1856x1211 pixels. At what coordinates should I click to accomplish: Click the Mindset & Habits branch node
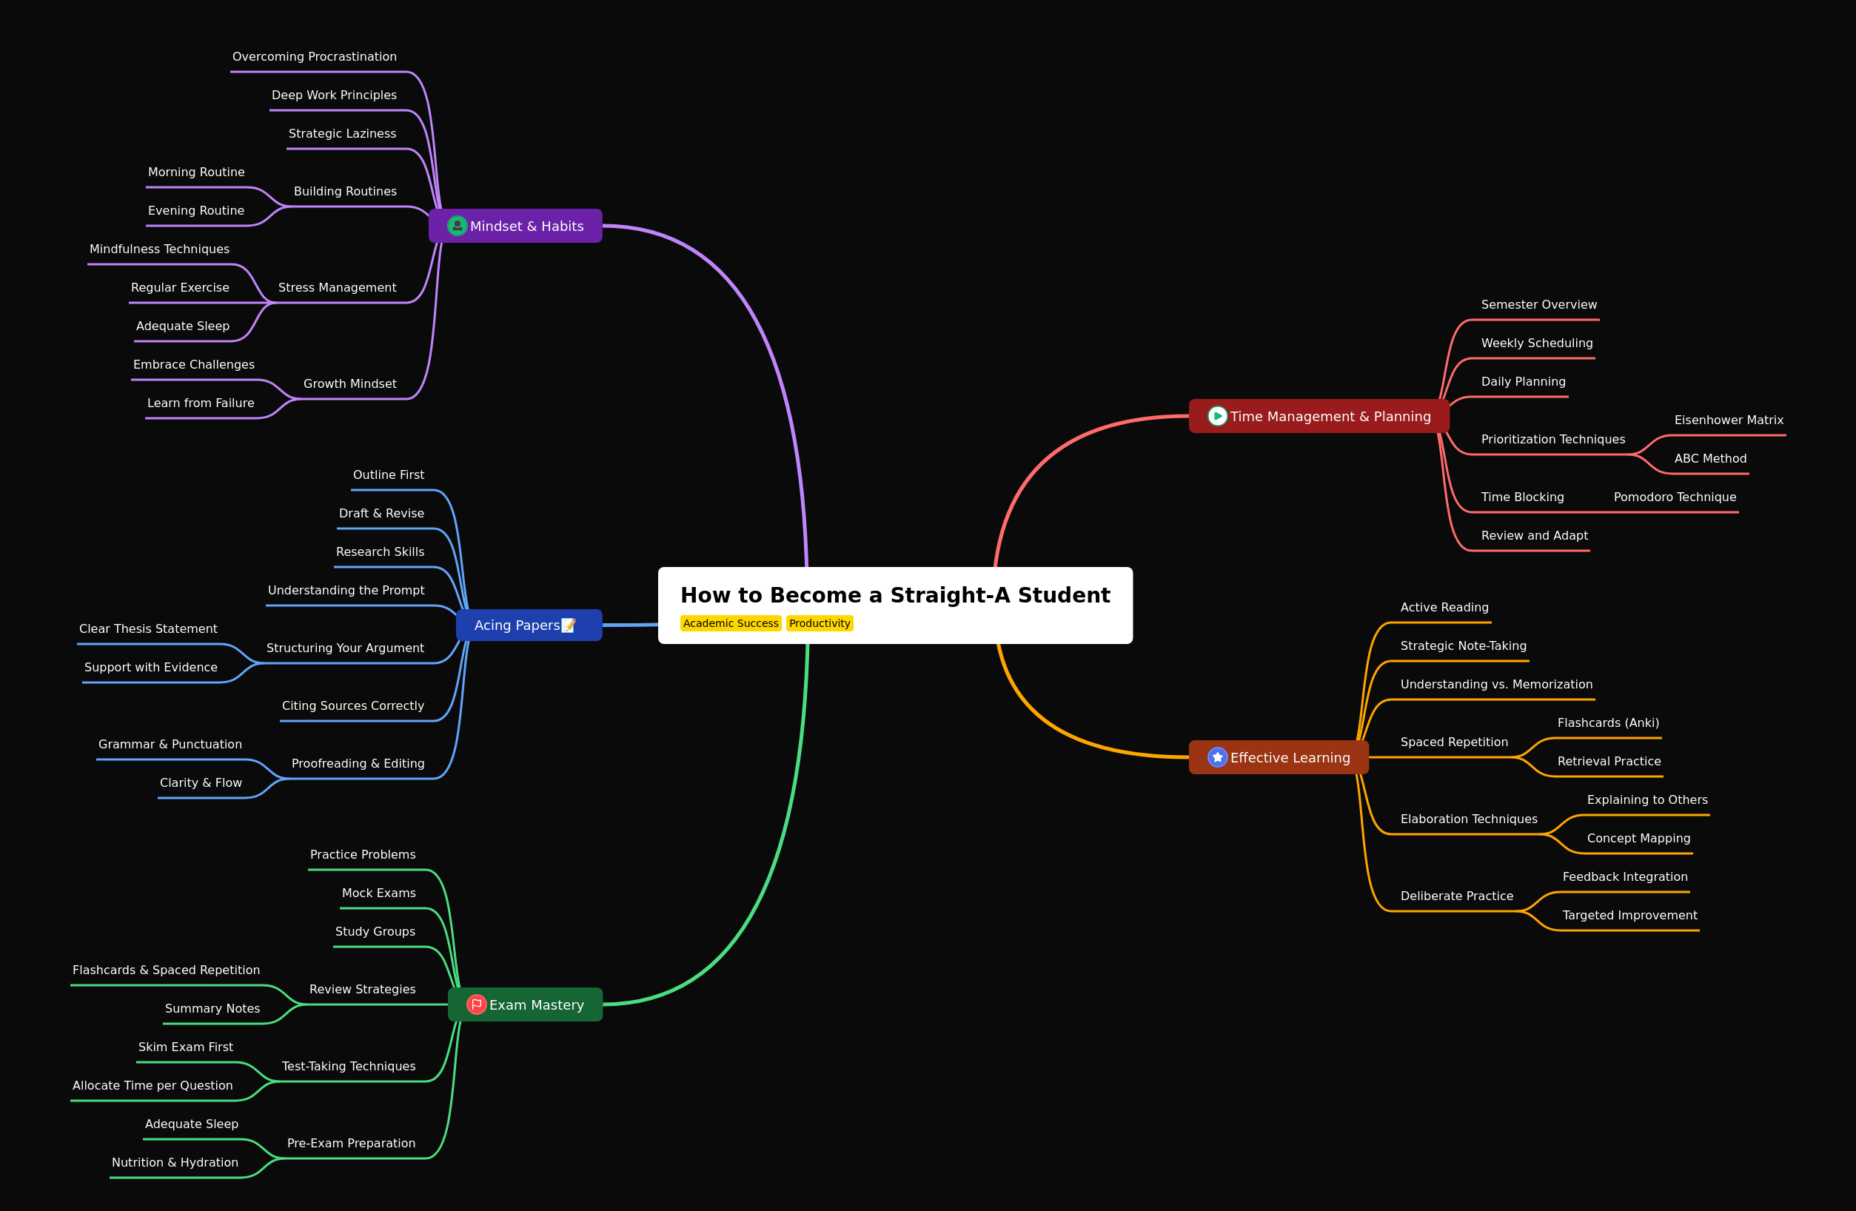[515, 226]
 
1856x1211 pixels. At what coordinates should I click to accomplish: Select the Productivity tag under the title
[820, 623]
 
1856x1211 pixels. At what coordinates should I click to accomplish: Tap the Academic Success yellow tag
[731, 623]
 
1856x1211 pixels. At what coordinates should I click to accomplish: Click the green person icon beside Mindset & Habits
[457, 226]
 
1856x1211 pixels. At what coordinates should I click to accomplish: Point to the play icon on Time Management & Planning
[1217, 417]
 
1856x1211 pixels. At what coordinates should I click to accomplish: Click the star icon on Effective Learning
[1217, 757]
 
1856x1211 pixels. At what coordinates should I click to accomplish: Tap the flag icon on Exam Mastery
[477, 1004]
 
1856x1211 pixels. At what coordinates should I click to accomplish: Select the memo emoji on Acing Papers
[569, 625]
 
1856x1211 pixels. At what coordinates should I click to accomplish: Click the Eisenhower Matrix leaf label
[1729, 420]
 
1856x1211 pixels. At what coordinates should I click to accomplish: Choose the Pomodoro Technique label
[1675, 497]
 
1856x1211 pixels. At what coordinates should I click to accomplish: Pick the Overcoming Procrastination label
[315, 57]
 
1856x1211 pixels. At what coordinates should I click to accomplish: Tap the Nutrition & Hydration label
[175, 1163]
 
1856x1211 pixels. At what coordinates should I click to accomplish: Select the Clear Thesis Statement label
[148, 629]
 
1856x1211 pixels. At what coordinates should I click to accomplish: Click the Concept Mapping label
[1638, 838]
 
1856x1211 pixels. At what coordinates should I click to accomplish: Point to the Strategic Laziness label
[342, 134]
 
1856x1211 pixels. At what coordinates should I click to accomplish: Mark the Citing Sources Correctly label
[353, 705]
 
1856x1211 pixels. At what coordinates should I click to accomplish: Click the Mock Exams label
[379, 893]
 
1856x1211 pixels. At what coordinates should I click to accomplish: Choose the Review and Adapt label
[1534, 536]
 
